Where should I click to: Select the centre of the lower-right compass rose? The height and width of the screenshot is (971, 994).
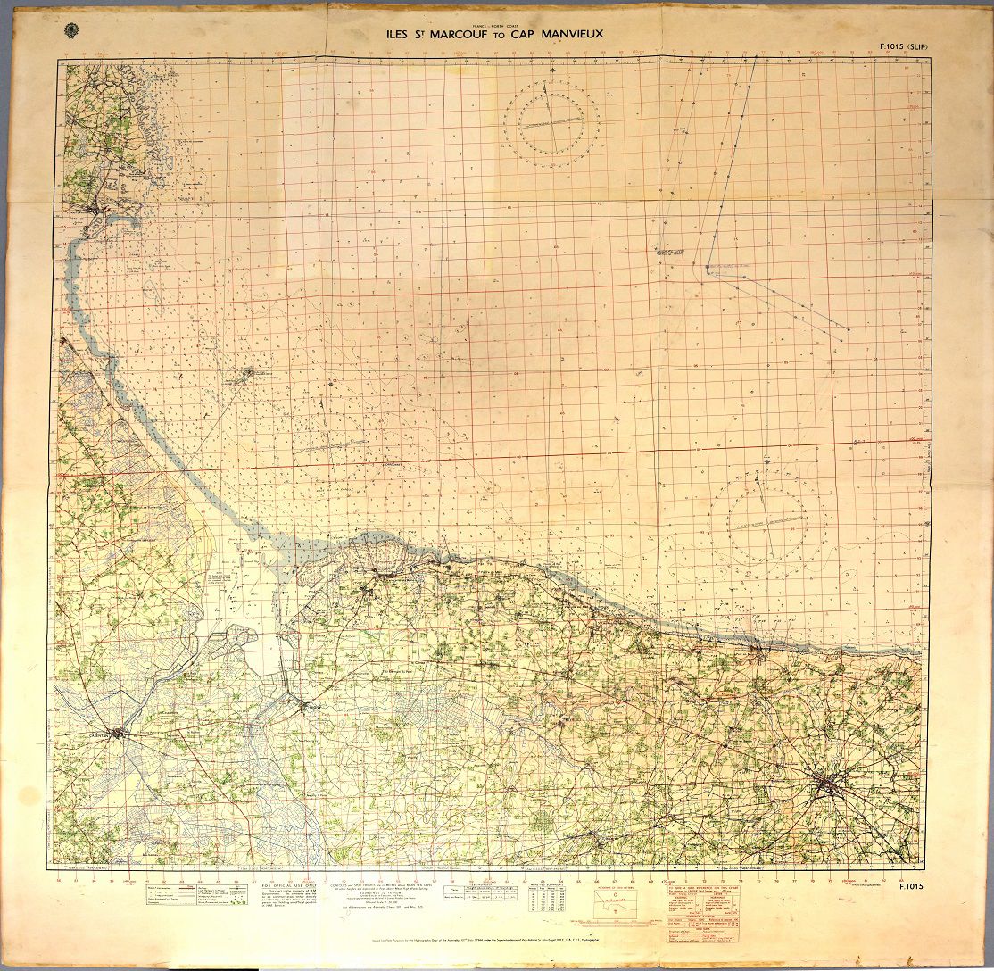766,519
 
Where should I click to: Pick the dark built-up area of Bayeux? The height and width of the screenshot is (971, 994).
832,784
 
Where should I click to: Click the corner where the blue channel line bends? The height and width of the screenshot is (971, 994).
708,268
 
